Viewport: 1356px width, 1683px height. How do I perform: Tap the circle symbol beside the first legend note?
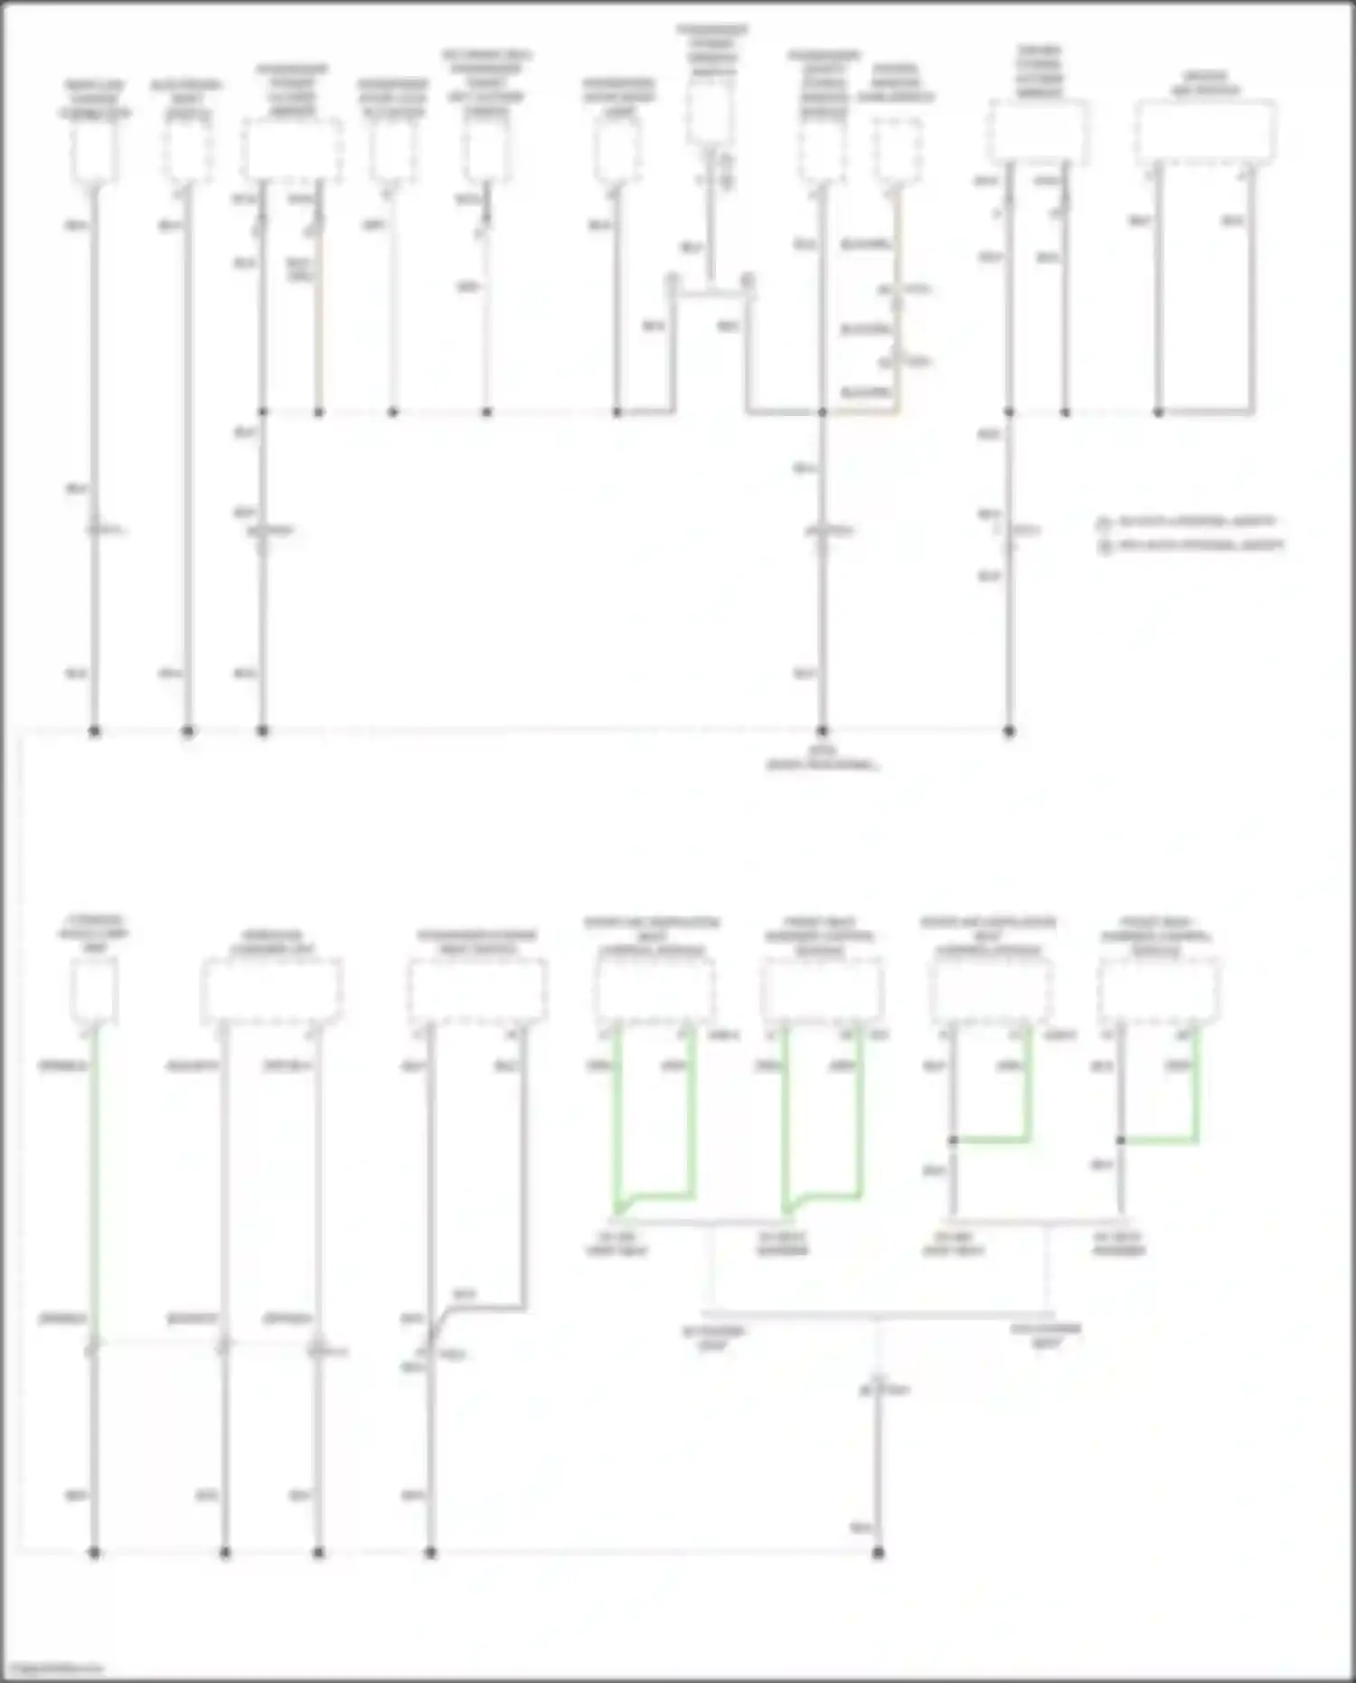click(1103, 524)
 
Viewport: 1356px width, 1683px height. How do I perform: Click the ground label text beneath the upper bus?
click(822, 758)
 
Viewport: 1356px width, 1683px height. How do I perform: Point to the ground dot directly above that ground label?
click(822, 731)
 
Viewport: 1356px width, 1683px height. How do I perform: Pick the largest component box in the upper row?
click(1205, 133)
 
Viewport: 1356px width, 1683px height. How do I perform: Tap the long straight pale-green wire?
click(94, 1176)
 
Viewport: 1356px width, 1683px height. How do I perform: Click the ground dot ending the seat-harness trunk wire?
click(877, 1553)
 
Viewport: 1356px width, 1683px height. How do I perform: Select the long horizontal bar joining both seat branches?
click(877, 1314)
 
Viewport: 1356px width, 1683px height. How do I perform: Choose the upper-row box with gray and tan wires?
click(291, 149)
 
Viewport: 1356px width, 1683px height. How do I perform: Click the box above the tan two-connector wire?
click(897, 149)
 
